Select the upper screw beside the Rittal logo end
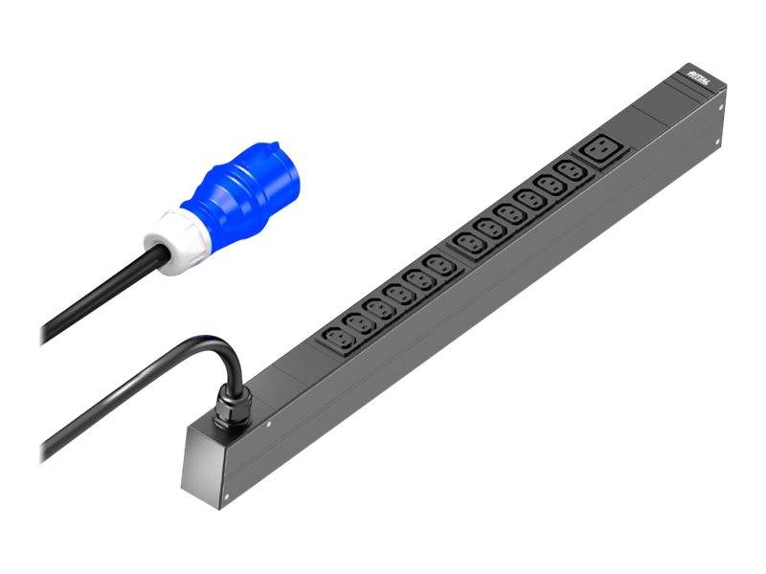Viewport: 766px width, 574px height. point(717,108)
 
